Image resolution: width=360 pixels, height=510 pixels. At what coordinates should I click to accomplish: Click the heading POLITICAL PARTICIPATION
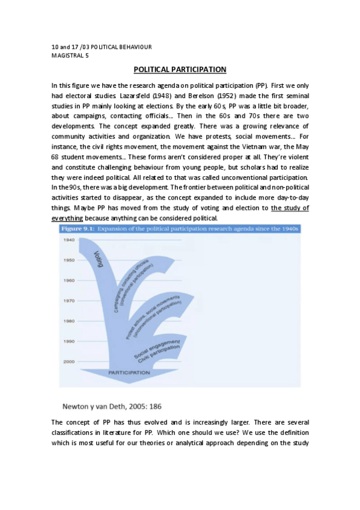pos(180,70)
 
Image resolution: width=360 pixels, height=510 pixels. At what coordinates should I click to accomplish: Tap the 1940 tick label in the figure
pos(69,240)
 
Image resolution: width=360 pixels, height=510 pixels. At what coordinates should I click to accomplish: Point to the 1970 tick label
pos(69,301)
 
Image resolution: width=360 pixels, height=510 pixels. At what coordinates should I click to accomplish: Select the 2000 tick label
pos(69,361)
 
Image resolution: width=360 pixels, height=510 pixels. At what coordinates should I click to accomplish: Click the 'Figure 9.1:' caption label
pos(79,229)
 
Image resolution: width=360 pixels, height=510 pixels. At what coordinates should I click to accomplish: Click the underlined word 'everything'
pos(67,218)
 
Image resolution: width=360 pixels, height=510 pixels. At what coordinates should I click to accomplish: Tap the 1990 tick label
pos(69,342)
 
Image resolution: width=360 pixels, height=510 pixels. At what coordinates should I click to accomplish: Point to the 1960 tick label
pos(69,280)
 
